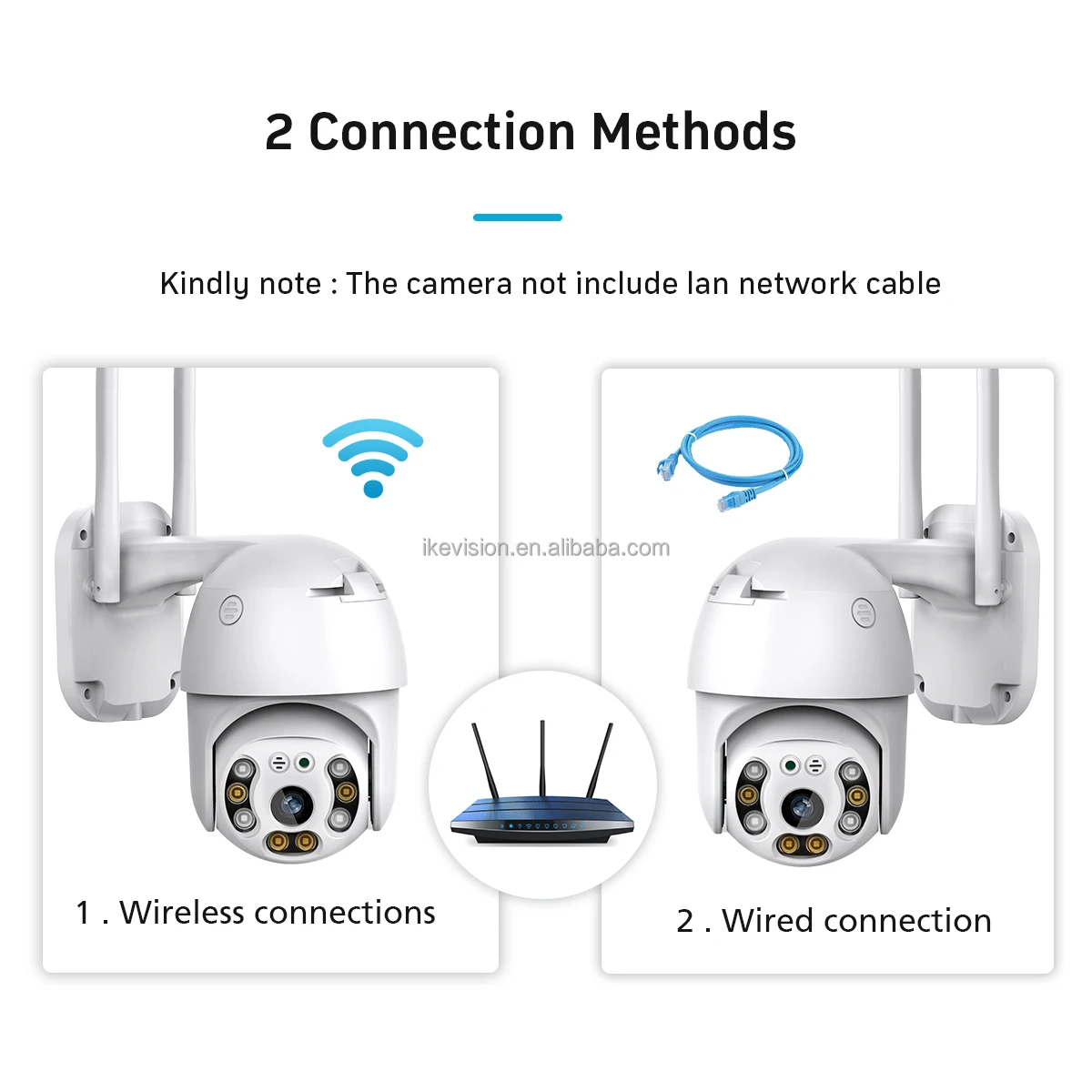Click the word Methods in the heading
pos(693,132)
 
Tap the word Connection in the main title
pos(443,132)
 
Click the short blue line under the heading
pos(517,217)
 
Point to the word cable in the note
pos(903,284)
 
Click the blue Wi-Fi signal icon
pos(372,455)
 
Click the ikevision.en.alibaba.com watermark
pos(545,548)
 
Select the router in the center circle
pos(542,810)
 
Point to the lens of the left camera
pos(291,803)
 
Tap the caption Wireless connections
pos(277,913)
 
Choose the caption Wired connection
pos(856,921)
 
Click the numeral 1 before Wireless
pos(83,913)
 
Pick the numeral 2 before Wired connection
pos(685,921)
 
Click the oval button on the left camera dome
pos(229,610)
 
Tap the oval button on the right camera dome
pos(862,612)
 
